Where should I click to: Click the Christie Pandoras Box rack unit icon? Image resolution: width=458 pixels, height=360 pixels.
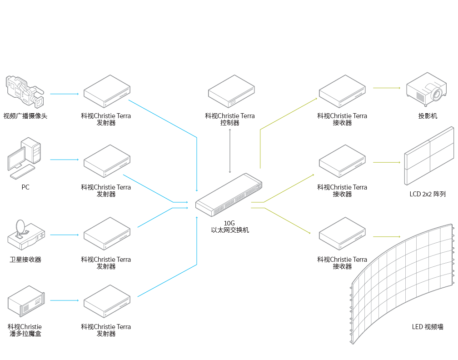(x=26, y=301)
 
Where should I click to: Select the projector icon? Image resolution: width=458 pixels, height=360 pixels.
(x=426, y=88)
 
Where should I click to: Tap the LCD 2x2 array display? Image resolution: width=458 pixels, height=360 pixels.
(x=429, y=156)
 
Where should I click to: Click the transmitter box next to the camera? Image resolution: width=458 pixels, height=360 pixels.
(x=107, y=91)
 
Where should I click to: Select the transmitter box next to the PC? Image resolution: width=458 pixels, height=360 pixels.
(x=107, y=161)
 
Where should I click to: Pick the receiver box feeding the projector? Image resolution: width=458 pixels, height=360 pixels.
(x=342, y=91)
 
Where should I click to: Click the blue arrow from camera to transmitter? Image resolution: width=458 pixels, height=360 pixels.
(x=65, y=94)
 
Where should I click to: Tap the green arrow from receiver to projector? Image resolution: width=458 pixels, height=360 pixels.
(x=386, y=88)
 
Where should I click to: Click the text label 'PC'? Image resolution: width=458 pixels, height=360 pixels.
(x=25, y=187)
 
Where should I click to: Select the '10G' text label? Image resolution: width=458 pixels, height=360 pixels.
(x=229, y=223)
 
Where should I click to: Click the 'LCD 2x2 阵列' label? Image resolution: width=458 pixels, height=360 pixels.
(x=428, y=194)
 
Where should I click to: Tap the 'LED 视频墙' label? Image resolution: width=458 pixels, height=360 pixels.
(x=428, y=327)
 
